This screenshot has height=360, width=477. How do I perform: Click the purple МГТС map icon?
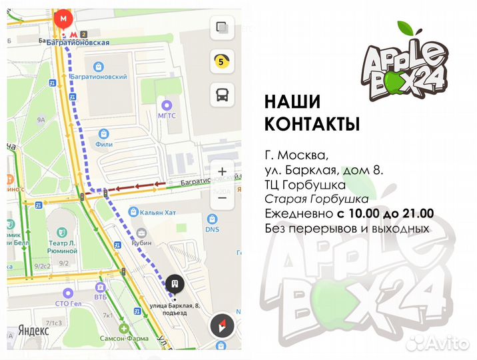[167, 104]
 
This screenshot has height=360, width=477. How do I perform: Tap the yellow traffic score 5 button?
[221, 62]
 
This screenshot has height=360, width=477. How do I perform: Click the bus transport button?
[221, 95]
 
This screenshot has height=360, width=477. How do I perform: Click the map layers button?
[221, 29]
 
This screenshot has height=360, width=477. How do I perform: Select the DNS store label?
[212, 229]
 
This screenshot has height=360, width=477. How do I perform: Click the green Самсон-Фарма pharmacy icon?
[124, 329]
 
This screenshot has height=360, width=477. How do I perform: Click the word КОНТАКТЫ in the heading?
[312, 124]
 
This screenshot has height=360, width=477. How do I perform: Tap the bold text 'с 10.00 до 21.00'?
[384, 213]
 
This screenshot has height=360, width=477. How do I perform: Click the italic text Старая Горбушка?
[316, 199]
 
